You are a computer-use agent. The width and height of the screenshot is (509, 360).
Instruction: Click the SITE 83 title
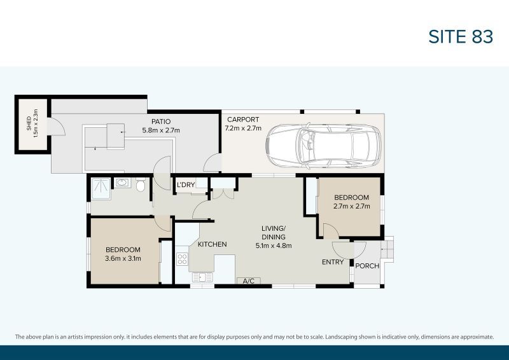coord(461,37)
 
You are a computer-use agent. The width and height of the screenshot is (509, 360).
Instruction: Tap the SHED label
coord(29,126)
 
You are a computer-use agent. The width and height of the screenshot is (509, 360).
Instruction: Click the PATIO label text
coord(160,121)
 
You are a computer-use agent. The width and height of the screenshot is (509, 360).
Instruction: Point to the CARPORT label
coord(242,120)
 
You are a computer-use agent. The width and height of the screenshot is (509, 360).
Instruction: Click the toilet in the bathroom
coord(141,185)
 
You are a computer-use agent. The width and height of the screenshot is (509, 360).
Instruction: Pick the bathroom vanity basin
coord(123,184)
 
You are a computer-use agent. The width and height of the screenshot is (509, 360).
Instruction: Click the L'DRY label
coord(186,185)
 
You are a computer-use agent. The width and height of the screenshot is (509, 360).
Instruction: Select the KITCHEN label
coord(212,244)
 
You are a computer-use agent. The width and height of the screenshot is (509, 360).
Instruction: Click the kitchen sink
coord(199,277)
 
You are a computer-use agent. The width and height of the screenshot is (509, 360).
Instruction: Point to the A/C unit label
coord(248,280)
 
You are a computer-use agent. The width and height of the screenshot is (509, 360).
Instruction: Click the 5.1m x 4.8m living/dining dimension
coord(273,246)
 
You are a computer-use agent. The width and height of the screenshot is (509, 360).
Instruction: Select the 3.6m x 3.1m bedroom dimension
coord(123,258)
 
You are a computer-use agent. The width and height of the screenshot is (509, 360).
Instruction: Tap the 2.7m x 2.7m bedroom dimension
coord(351,206)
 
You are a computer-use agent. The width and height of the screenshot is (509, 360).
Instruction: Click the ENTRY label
coord(333,262)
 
